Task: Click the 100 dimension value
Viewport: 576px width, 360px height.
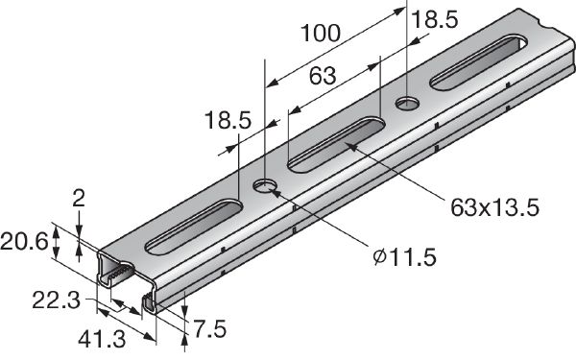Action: tap(320, 35)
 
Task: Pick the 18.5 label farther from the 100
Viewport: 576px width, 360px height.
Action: tap(227, 121)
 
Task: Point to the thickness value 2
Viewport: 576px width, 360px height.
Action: tap(78, 200)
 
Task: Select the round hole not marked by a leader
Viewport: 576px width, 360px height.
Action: tap(407, 100)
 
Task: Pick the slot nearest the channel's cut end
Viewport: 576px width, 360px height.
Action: tap(192, 225)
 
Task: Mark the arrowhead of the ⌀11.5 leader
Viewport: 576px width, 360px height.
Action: tap(275, 190)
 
